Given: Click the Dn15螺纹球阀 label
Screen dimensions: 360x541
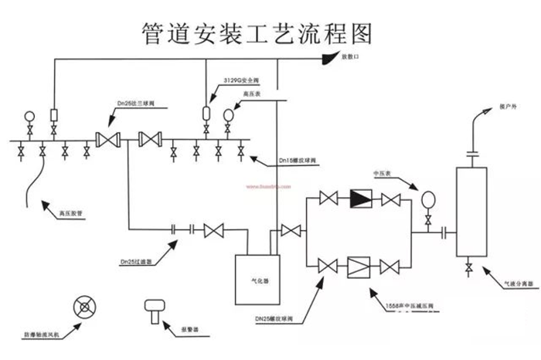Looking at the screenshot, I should [298, 161].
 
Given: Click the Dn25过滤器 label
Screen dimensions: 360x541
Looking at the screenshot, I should [135, 261].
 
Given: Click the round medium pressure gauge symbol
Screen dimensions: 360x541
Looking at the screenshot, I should [427, 200].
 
